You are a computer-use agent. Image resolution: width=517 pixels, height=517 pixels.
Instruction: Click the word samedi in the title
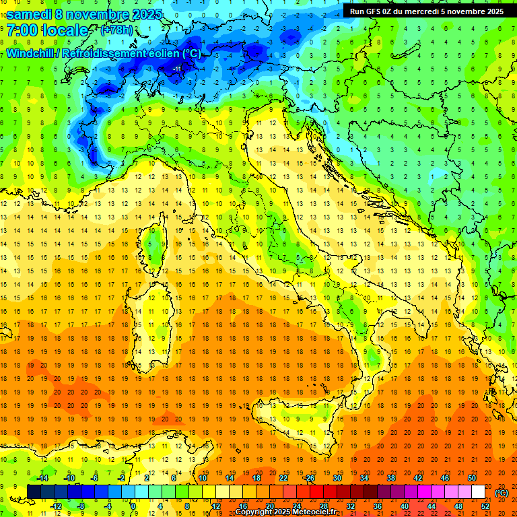click(28, 14)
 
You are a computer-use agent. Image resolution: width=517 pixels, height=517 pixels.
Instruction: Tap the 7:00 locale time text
click(47, 30)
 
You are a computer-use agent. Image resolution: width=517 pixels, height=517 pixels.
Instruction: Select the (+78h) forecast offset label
click(116, 30)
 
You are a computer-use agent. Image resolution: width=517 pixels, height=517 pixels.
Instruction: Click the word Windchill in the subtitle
click(30, 53)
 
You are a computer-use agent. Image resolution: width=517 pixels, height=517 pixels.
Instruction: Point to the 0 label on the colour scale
click(133, 506)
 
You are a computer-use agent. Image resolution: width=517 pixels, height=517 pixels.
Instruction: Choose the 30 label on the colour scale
click(337, 478)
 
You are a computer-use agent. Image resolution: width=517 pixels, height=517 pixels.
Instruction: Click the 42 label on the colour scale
click(417, 478)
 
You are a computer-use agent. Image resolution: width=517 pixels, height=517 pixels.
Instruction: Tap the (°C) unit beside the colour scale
click(502, 492)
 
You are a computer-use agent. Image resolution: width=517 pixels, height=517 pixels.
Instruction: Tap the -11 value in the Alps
click(176, 69)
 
